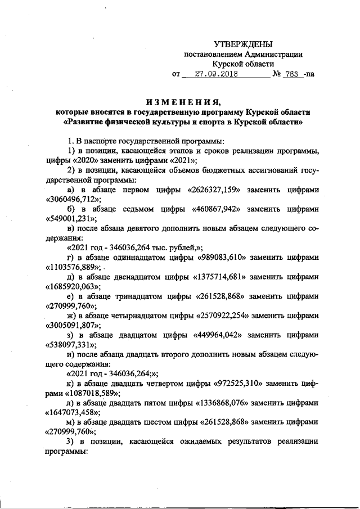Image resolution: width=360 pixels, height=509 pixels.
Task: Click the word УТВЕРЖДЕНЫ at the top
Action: [244, 44]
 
